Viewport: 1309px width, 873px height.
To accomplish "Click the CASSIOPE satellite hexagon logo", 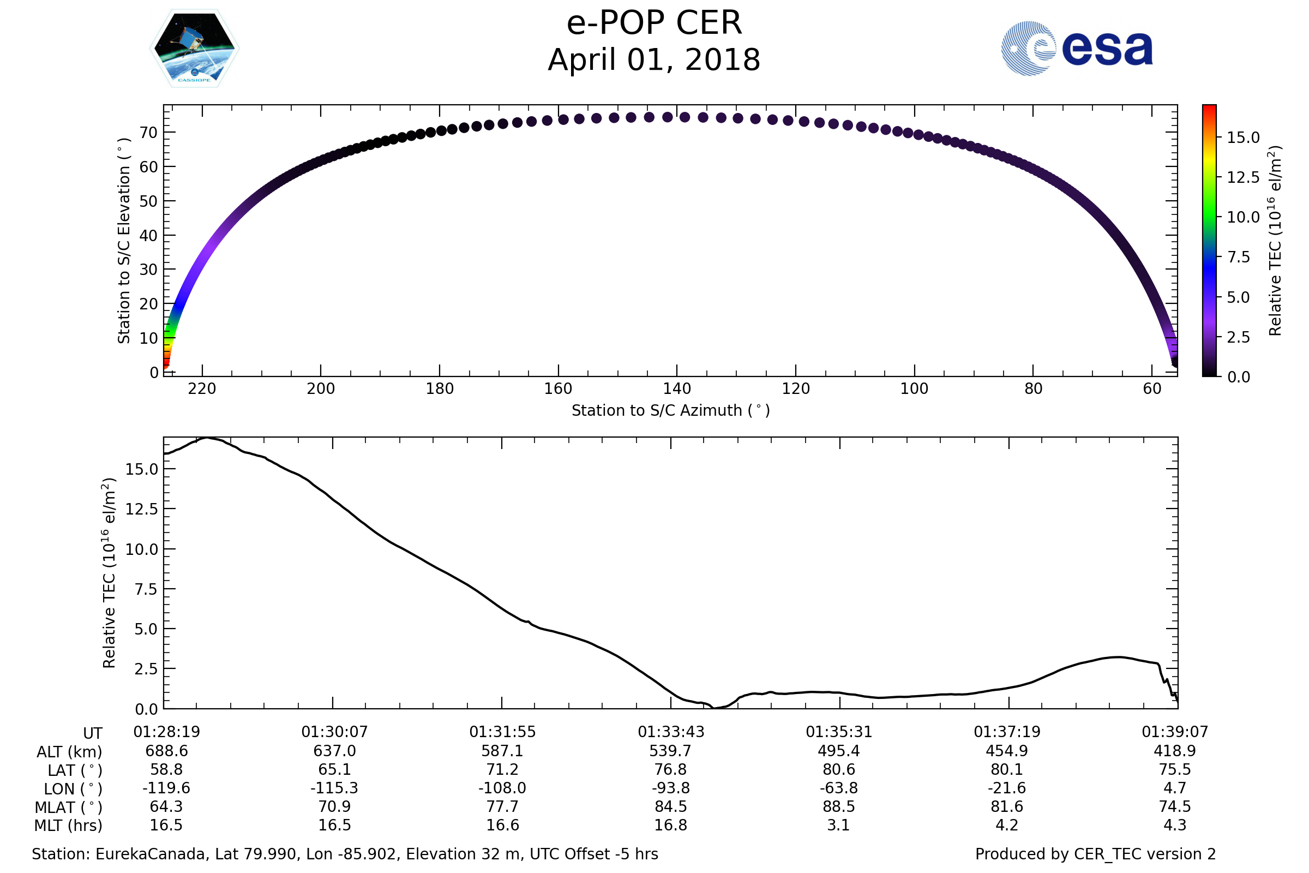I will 194,49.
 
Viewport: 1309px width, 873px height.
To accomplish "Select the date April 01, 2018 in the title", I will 654,60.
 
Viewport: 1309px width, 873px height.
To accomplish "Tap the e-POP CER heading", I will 654,23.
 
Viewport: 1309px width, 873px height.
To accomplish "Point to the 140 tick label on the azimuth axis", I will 677,388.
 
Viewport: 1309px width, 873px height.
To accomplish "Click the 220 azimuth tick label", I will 202,388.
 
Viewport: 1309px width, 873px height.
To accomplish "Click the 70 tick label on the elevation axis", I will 148,133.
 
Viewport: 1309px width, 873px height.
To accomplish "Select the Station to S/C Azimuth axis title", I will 671,411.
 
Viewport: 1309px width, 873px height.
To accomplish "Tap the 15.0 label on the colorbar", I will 1244,137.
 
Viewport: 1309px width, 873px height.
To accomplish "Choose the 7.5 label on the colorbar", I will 1239,257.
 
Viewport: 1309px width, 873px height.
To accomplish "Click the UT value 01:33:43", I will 671,732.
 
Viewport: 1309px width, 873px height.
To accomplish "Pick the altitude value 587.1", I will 502,751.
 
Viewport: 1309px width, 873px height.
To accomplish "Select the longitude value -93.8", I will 671,788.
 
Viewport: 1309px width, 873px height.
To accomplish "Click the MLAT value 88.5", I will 839,807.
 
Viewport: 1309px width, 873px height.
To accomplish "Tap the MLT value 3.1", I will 839,825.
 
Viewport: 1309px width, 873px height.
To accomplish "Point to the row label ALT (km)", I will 70,752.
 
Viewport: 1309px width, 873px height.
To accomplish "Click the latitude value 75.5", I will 1175,769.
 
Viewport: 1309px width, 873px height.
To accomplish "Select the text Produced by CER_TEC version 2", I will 1095,854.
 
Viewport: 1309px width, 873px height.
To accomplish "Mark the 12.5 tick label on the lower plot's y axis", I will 142,510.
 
